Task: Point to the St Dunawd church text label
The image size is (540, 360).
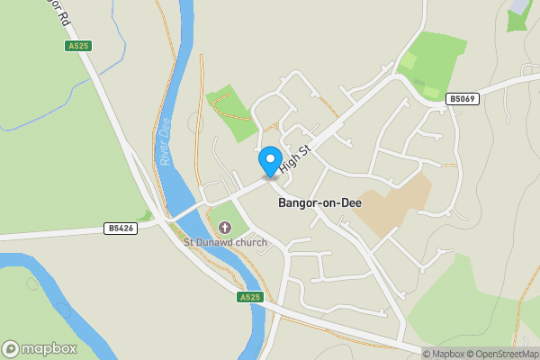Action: pyautogui.click(x=220, y=241)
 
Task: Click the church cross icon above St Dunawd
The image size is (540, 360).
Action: pyautogui.click(x=223, y=225)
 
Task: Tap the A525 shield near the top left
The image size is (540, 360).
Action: pyautogui.click(x=78, y=46)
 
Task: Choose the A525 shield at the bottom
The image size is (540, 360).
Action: pyautogui.click(x=249, y=297)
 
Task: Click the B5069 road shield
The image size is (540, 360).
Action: pyautogui.click(x=462, y=99)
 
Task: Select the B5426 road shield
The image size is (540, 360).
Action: pyautogui.click(x=120, y=229)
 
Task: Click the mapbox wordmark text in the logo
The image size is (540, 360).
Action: pyautogui.click(x=49, y=348)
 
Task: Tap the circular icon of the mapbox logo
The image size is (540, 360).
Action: pyautogui.click(x=11, y=348)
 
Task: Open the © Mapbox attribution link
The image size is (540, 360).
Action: pyautogui.click(x=443, y=354)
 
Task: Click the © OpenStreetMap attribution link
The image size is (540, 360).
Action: pyautogui.click(x=501, y=354)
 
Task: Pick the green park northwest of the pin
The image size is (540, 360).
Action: pyautogui.click(x=233, y=114)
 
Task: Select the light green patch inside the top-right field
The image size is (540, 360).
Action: pyautogui.click(x=409, y=61)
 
